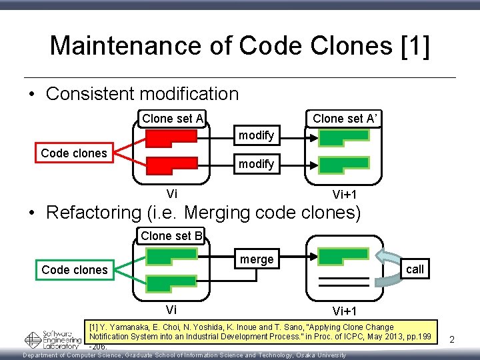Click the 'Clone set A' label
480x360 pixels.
coord(173,119)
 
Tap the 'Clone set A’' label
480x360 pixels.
coord(345,119)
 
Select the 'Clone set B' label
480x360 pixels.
coord(171,235)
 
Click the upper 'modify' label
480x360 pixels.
coord(257,135)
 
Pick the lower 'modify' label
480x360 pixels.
coord(257,163)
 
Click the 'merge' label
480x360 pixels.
coord(257,259)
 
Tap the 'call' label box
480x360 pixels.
coord(415,269)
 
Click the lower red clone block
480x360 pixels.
coord(171,165)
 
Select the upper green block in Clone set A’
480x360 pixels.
coord(343,137)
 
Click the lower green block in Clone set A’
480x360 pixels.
coord(343,165)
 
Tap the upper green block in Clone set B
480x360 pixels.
coord(171,256)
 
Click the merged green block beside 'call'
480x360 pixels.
coord(343,256)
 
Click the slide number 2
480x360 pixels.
coord(451,340)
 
